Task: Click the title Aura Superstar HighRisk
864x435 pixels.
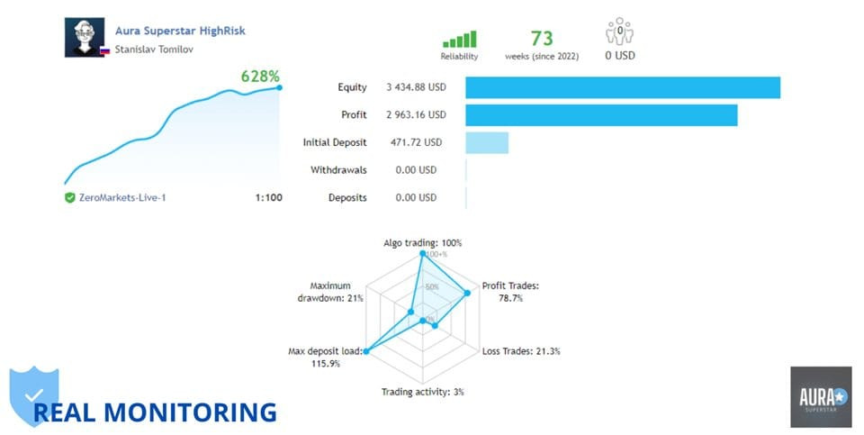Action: pos(180,31)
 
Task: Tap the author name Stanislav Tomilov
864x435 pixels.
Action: pos(154,50)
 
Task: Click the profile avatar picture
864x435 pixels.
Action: pos(85,38)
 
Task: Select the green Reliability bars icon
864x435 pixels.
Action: pos(458,40)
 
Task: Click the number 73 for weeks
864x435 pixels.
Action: pos(542,38)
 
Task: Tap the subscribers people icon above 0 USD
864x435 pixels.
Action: pos(620,33)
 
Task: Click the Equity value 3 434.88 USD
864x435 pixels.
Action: pos(416,87)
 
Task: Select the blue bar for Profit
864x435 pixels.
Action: pos(601,115)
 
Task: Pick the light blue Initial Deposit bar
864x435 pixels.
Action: pos(487,142)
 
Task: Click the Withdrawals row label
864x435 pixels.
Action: pos(338,170)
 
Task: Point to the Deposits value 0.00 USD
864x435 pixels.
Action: pos(416,197)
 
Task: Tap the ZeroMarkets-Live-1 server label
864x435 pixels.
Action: pos(121,197)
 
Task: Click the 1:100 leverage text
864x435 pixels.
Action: pos(268,197)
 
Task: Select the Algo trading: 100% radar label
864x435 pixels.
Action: pos(422,243)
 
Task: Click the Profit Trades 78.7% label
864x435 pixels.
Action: pos(510,292)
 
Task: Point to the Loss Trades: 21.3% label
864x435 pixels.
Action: pos(521,351)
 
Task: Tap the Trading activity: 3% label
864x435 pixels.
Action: pos(422,392)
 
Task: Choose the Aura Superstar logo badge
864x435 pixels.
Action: pos(820,396)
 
